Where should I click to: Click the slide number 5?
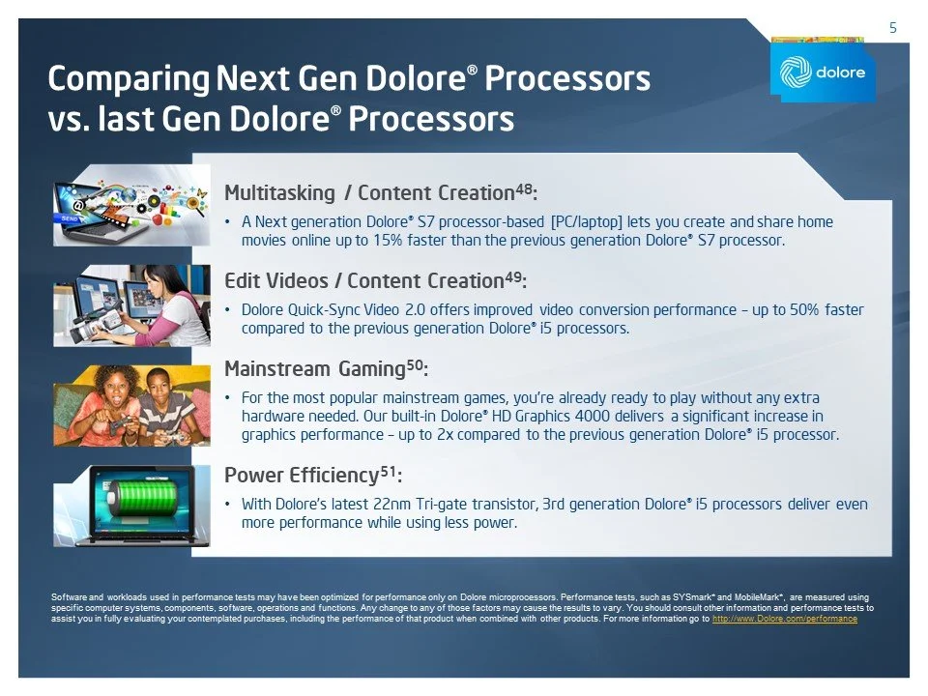pyautogui.click(x=892, y=29)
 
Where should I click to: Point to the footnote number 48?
pyautogui.click(x=521, y=188)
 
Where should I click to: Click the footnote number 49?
pyautogui.click(x=514, y=276)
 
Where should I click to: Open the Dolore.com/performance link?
pyautogui.click(x=784, y=619)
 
